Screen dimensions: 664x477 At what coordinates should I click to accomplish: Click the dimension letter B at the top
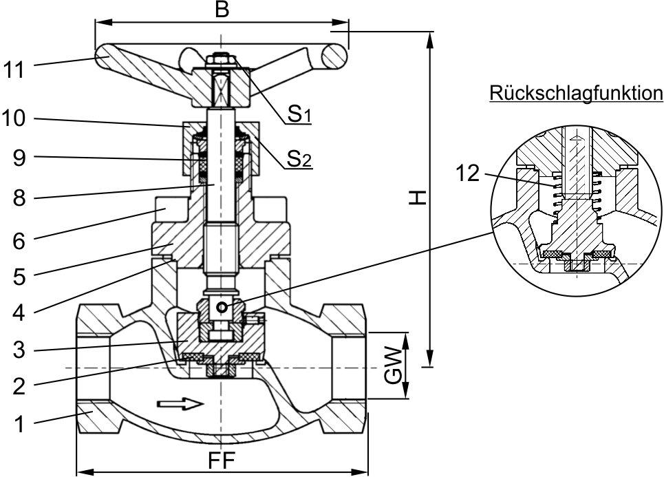pos(222,10)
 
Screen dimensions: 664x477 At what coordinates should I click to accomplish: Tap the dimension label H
pos(417,198)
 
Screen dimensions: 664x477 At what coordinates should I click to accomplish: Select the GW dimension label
pos(394,366)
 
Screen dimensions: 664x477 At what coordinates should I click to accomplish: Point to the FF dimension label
pos(222,460)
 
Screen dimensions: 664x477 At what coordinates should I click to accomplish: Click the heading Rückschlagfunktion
pos(577,93)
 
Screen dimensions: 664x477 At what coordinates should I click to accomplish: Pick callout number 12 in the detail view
pos(468,173)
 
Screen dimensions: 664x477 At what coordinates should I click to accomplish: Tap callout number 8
pos(19,198)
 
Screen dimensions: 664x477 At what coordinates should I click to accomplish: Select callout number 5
pos(19,277)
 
